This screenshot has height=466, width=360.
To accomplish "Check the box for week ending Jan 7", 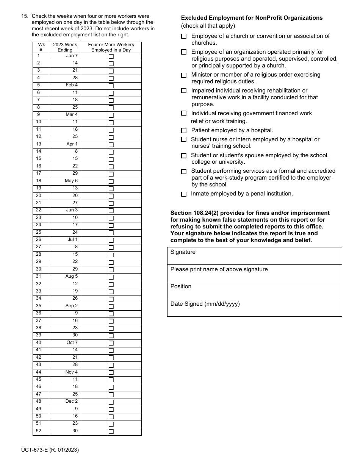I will [x=111, y=56].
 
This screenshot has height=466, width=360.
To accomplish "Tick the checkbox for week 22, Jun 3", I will [x=111, y=211].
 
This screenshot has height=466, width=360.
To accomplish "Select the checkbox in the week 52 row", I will [x=111, y=431].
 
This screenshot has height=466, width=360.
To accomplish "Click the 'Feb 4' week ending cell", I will [x=65, y=85].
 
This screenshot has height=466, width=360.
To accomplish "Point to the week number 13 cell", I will [x=41, y=144].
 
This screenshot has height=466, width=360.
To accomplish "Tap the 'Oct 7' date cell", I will [x=65, y=342].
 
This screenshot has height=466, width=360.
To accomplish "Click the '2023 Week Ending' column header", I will [x=65, y=47].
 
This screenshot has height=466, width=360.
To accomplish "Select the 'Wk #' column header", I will [x=41, y=47].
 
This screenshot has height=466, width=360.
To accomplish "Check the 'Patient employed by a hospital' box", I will [x=184, y=131].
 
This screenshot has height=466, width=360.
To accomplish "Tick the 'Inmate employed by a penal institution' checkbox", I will [x=184, y=194].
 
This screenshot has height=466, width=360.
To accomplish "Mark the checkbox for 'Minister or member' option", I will [x=184, y=75].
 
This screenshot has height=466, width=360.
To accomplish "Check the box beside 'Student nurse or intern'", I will [x=184, y=139].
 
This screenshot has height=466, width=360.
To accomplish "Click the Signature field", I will [x=254, y=256].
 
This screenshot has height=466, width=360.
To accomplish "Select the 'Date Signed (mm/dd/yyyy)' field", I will [x=254, y=308].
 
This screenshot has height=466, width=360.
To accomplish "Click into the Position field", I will [x=254, y=291].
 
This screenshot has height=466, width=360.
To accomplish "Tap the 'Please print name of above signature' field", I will [x=254, y=274].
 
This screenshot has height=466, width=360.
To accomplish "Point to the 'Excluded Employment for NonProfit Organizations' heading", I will [x=252, y=18].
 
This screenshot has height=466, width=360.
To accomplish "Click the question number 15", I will [x=25, y=16].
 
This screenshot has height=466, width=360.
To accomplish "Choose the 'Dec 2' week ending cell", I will [x=65, y=401].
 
